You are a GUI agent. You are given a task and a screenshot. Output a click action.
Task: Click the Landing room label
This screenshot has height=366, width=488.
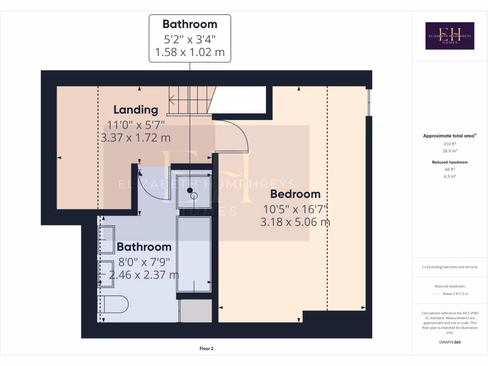[136, 110]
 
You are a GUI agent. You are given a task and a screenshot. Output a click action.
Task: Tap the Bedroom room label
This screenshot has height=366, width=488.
[295, 194]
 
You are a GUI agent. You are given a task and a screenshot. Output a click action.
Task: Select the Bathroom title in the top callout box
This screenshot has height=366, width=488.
[190, 24]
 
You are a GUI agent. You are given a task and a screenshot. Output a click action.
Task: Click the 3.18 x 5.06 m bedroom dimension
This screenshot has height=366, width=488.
[295, 222]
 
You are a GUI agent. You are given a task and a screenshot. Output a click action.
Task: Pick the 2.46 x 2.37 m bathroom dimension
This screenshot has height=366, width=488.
[144, 275]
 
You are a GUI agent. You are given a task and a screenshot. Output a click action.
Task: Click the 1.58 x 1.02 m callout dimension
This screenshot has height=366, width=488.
[190, 52]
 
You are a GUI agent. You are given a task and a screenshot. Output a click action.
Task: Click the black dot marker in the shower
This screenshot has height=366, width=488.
[190, 191]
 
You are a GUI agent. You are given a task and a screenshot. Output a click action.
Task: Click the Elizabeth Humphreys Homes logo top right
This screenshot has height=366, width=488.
[450, 36]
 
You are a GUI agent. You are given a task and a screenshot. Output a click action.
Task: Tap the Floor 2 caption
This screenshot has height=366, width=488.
[206, 349]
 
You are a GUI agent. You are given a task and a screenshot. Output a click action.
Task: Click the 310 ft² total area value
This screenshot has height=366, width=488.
[450, 143]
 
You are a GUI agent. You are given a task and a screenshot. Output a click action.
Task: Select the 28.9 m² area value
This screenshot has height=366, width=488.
[450, 151]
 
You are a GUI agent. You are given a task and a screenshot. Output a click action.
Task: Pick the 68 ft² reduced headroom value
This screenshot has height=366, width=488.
[450, 169]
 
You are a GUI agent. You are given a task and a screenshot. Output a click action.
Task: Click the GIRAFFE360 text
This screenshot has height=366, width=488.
[450, 342]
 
